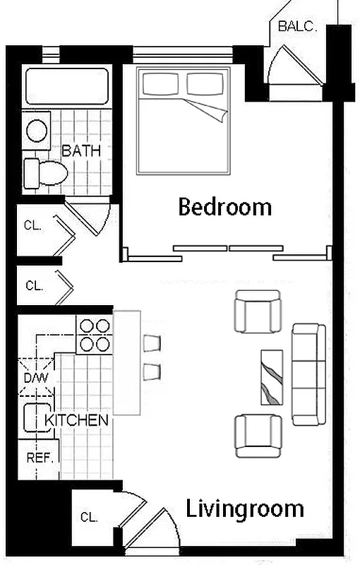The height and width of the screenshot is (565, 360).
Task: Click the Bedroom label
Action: pyautogui.click(x=224, y=207)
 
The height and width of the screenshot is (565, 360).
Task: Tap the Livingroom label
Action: pyautogui.click(x=244, y=509)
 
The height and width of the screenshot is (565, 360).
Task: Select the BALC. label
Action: pyautogui.click(x=296, y=27)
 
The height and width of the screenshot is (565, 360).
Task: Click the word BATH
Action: pyautogui.click(x=81, y=150)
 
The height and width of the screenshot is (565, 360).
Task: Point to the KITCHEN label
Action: pyautogui.click(x=77, y=420)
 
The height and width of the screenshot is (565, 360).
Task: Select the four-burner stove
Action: pyautogui.click(x=94, y=335)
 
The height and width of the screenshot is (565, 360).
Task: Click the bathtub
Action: pyautogui.click(x=67, y=87)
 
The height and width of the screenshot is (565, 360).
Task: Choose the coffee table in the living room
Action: pyautogui.click(x=272, y=376)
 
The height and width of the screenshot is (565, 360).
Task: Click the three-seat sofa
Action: pyautogui.click(x=308, y=374)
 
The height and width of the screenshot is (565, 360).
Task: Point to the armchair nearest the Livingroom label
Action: pyautogui.click(x=258, y=435)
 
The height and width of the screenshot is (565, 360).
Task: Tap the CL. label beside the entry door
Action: pyautogui.click(x=88, y=517)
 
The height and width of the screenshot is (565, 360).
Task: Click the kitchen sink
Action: pyautogui.click(x=34, y=418)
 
